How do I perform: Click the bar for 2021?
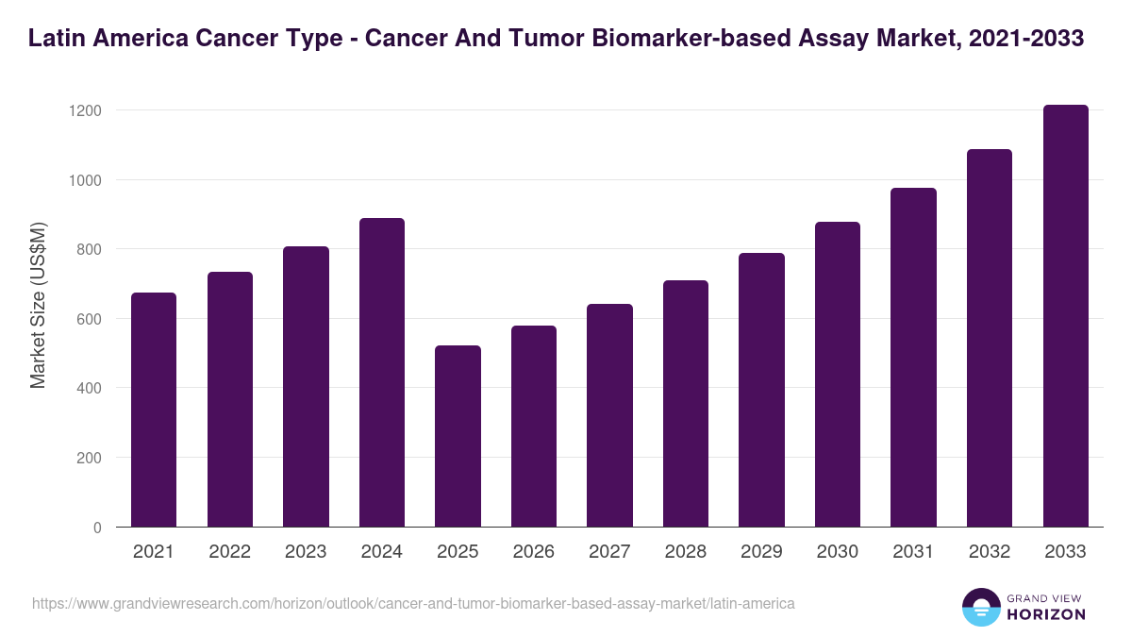pos(153,410)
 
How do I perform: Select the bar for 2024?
pos(381,373)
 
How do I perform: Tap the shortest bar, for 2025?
pos(458,436)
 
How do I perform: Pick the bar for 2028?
pos(685,404)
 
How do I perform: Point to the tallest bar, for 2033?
pos(1065,316)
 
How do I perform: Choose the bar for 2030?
pos(837,375)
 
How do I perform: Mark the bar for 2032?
pos(989,338)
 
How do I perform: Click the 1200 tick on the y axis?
pos(85,110)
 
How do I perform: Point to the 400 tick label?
pos(89,388)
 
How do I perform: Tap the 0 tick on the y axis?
pos(97,528)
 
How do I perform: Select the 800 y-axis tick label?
pos(89,249)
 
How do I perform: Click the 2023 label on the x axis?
pos(305,552)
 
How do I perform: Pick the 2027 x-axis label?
pos(609,552)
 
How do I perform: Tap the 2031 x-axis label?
pos(913,552)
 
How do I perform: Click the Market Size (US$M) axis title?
pos(38,306)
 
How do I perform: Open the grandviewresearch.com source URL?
pos(413,603)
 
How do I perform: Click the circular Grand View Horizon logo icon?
pos(980,607)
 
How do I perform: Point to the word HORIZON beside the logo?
pos(1045,614)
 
